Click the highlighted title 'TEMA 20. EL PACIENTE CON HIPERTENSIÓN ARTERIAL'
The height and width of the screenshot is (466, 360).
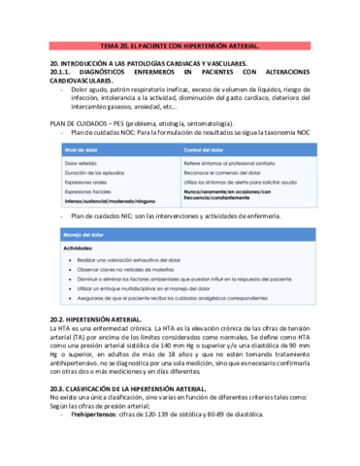tap(180, 46)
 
